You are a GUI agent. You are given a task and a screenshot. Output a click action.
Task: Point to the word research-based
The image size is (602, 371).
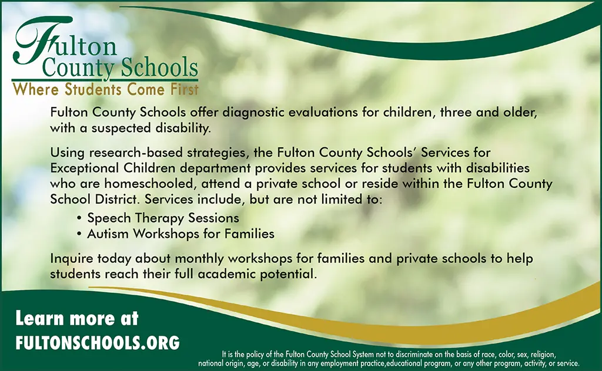[x=136, y=153]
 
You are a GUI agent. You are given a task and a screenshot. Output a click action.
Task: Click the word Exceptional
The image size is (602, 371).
[x=85, y=168]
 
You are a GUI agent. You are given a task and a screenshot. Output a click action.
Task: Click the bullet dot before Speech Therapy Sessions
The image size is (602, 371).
[x=79, y=218]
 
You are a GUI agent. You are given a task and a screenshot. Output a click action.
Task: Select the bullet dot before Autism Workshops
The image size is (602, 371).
[x=79, y=234]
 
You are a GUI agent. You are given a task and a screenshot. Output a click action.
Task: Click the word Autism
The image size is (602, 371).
[x=108, y=234]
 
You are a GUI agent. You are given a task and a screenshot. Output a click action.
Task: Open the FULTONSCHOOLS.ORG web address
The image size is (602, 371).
[x=98, y=342]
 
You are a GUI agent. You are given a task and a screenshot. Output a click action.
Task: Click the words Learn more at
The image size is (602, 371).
[x=77, y=319]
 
